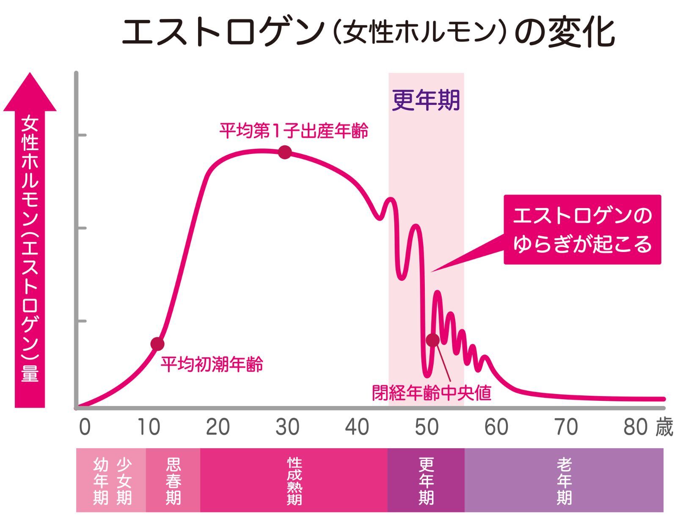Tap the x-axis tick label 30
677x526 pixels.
287,427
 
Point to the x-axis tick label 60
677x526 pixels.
496,427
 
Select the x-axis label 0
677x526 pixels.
85,427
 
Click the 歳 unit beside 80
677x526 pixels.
664,427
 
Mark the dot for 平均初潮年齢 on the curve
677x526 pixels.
157,344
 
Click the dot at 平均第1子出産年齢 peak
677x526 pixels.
285,152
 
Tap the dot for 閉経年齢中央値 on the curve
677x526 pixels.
432,340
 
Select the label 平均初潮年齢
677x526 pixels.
212,364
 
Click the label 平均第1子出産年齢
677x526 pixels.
294,130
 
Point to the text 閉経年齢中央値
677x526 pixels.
432,393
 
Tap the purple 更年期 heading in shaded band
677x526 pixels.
426,101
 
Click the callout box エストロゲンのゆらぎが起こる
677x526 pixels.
582,230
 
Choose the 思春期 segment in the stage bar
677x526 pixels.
173,480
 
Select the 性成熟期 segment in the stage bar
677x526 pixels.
294,480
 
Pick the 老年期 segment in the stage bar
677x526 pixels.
564,480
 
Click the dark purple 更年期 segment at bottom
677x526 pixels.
426,480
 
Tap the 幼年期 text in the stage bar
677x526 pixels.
101,481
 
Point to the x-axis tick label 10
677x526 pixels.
149,427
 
